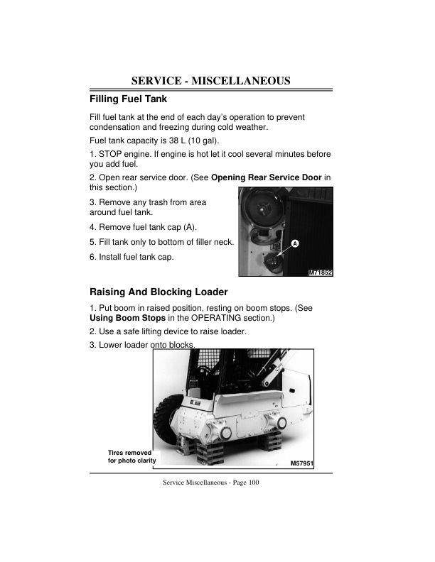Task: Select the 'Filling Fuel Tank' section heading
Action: pyautogui.click(x=128, y=99)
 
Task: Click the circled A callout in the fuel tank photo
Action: pyautogui.click(x=294, y=243)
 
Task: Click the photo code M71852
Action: pyautogui.click(x=321, y=272)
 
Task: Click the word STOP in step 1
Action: pyautogui.click(x=110, y=153)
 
